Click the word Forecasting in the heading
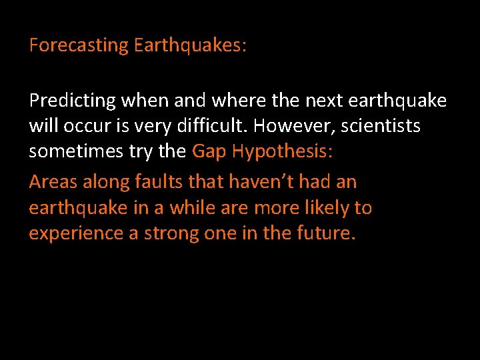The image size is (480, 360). (79, 46)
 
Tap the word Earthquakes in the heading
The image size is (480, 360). (191, 46)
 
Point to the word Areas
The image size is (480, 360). (51, 182)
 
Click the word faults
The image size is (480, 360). (159, 182)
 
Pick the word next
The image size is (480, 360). (287, 101)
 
